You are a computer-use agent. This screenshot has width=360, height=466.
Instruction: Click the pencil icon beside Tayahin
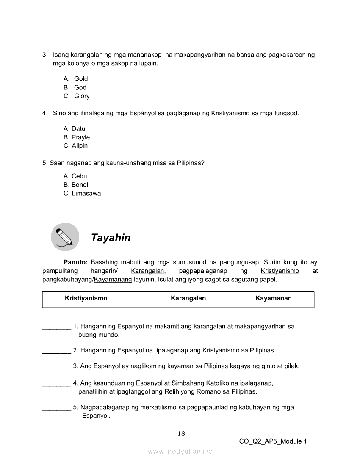pyautogui.click(x=65, y=237)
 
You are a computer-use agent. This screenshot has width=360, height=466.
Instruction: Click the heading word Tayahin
pyautogui.click(x=111, y=238)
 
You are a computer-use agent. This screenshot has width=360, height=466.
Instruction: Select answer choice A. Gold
pyautogui.click(x=76, y=79)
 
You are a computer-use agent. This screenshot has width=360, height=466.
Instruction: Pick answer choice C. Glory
pyautogui.click(x=77, y=96)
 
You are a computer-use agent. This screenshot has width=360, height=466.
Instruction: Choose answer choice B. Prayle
pyautogui.click(x=77, y=137)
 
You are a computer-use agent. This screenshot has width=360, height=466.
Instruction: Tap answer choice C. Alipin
pyautogui.click(x=76, y=146)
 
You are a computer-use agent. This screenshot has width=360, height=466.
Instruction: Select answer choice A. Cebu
pyautogui.click(x=75, y=176)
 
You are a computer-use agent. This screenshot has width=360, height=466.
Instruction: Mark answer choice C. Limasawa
pyautogui.click(x=82, y=194)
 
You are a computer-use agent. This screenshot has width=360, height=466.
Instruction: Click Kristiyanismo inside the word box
pyautogui.click(x=86, y=298)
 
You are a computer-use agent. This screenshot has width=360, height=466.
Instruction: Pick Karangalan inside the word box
pyautogui.click(x=188, y=298)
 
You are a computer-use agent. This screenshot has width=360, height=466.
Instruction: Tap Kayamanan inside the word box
pyautogui.click(x=273, y=298)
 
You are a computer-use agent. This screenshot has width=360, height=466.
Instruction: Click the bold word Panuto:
pyautogui.click(x=75, y=262)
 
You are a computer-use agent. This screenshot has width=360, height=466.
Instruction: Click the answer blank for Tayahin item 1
pyautogui.click(x=56, y=327)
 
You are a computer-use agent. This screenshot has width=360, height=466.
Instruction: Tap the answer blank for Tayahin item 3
pyautogui.click(x=56, y=366)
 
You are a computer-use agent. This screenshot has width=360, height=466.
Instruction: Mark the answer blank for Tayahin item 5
pyautogui.click(x=56, y=408)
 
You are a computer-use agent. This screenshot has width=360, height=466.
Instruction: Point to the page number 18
pyautogui.click(x=181, y=433)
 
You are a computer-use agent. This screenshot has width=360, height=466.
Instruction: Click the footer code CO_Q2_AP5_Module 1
pyautogui.click(x=273, y=441)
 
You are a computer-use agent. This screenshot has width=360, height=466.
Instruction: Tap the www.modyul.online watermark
pyautogui.click(x=180, y=452)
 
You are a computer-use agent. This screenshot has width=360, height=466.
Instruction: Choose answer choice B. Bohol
pyautogui.click(x=76, y=185)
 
